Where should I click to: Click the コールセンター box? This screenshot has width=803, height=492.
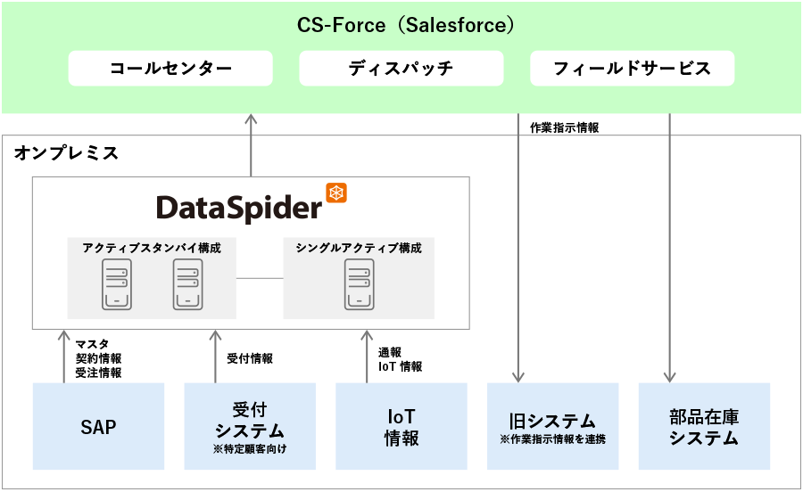170,69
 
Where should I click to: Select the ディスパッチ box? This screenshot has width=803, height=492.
401,69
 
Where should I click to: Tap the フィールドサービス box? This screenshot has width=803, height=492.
632,69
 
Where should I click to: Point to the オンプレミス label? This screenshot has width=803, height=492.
66,153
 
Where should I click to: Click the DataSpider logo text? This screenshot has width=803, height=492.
238,208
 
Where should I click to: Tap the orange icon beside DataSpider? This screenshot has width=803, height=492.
336,193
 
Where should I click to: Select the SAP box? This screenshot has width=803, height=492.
98,427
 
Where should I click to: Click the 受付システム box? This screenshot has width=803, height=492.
250,427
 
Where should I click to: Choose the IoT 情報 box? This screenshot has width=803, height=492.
401,427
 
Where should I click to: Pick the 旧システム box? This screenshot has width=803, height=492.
552,427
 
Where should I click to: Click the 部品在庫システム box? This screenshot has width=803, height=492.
704,427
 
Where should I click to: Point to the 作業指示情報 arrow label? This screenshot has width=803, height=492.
564,127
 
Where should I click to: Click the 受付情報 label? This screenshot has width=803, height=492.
250,358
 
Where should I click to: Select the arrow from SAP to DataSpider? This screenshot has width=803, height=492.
63,357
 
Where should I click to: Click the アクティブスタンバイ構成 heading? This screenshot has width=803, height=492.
152,248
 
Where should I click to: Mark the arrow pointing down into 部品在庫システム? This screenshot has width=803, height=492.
669,250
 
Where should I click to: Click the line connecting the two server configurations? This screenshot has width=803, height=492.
260,278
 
